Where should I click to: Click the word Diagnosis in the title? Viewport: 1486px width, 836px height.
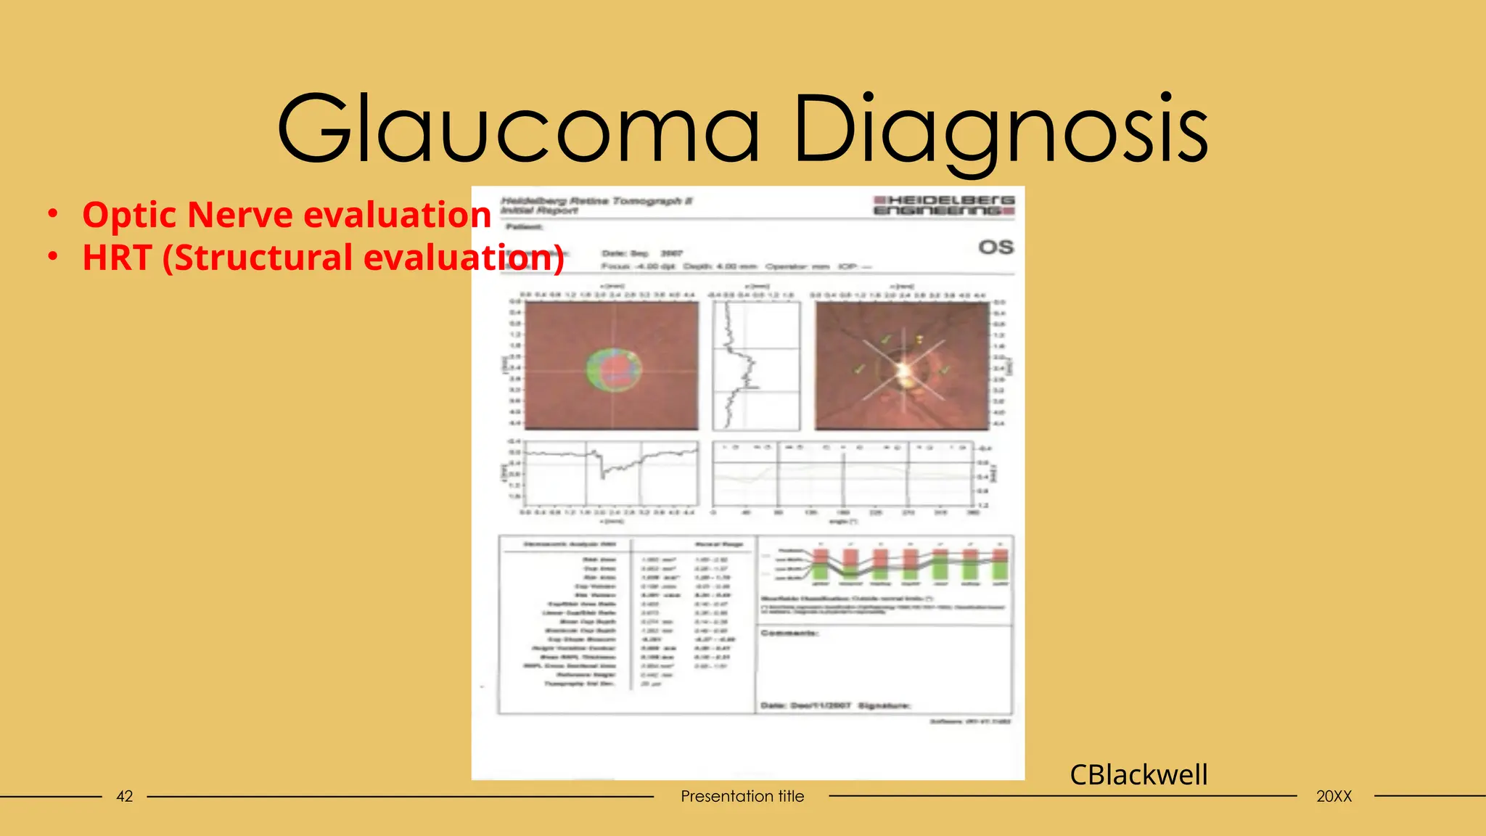[x=1001, y=129]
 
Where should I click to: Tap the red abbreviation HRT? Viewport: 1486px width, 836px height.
[x=116, y=258]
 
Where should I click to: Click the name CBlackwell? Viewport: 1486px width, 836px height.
[x=1138, y=775]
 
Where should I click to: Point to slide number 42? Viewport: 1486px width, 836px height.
[x=125, y=796]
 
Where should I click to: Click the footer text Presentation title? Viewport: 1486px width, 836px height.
[x=742, y=796]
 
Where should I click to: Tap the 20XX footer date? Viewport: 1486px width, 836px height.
[x=1334, y=796]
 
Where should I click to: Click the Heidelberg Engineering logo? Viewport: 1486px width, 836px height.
[x=944, y=205]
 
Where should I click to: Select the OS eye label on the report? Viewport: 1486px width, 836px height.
[x=996, y=247]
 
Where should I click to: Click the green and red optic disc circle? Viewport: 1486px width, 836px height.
[x=614, y=369]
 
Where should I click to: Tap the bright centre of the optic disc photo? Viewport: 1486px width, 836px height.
[x=904, y=371]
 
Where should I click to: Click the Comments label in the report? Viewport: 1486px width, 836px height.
[x=789, y=634]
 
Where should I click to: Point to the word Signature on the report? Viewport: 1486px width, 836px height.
[x=884, y=705]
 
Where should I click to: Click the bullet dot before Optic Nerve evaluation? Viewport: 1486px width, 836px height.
[x=52, y=214]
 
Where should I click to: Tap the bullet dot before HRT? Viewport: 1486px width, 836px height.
[x=52, y=257]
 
